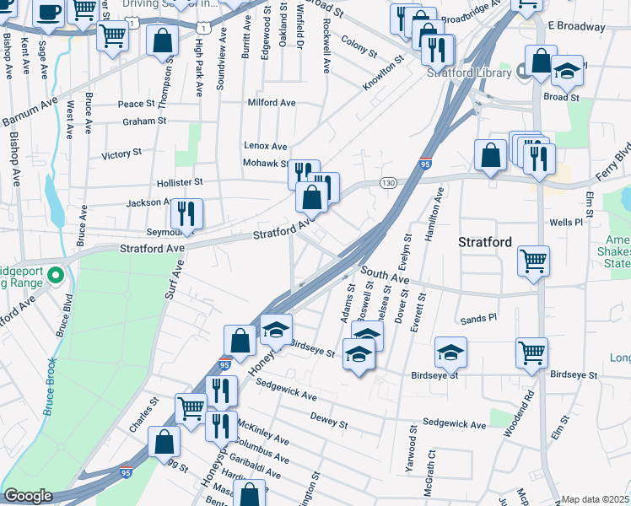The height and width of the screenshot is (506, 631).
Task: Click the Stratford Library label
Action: coord(468,73)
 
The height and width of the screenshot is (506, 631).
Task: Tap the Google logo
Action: coord(27,496)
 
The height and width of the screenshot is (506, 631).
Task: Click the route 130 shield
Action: coord(389,183)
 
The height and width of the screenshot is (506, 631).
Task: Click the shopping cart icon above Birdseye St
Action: coord(531,353)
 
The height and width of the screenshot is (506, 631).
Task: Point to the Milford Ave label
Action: coord(272,102)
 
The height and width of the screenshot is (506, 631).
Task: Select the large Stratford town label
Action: coord(484,242)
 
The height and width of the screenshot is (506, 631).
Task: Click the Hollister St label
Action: coord(180,181)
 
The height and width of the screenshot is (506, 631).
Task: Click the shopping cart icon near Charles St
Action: coord(191,407)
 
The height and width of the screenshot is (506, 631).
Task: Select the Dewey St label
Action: coord(329,419)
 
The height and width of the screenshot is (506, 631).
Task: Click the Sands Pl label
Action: coord(479,320)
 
